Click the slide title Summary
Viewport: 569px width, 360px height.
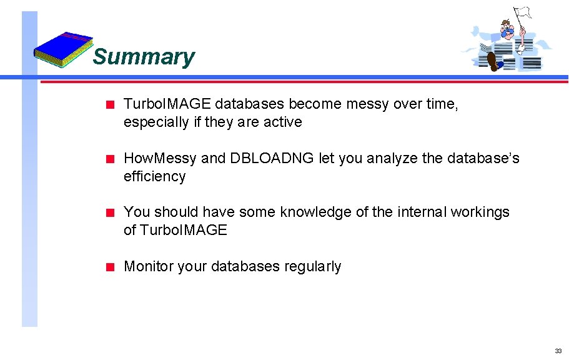pos(144,57)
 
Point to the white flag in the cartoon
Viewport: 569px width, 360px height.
pos(522,13)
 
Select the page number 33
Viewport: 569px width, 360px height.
pos(558,351)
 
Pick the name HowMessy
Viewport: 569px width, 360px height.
pos(161,159)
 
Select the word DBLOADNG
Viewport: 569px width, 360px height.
pos(272,159)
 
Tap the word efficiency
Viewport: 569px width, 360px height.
pos(154,177)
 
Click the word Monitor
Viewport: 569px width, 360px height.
pos(149,267)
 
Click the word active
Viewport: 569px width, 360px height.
pos(282,122)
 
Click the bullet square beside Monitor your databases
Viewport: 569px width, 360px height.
pos(109,267)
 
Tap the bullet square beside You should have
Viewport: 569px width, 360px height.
pos(109,212)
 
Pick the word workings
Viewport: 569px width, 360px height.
pos(481,212)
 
